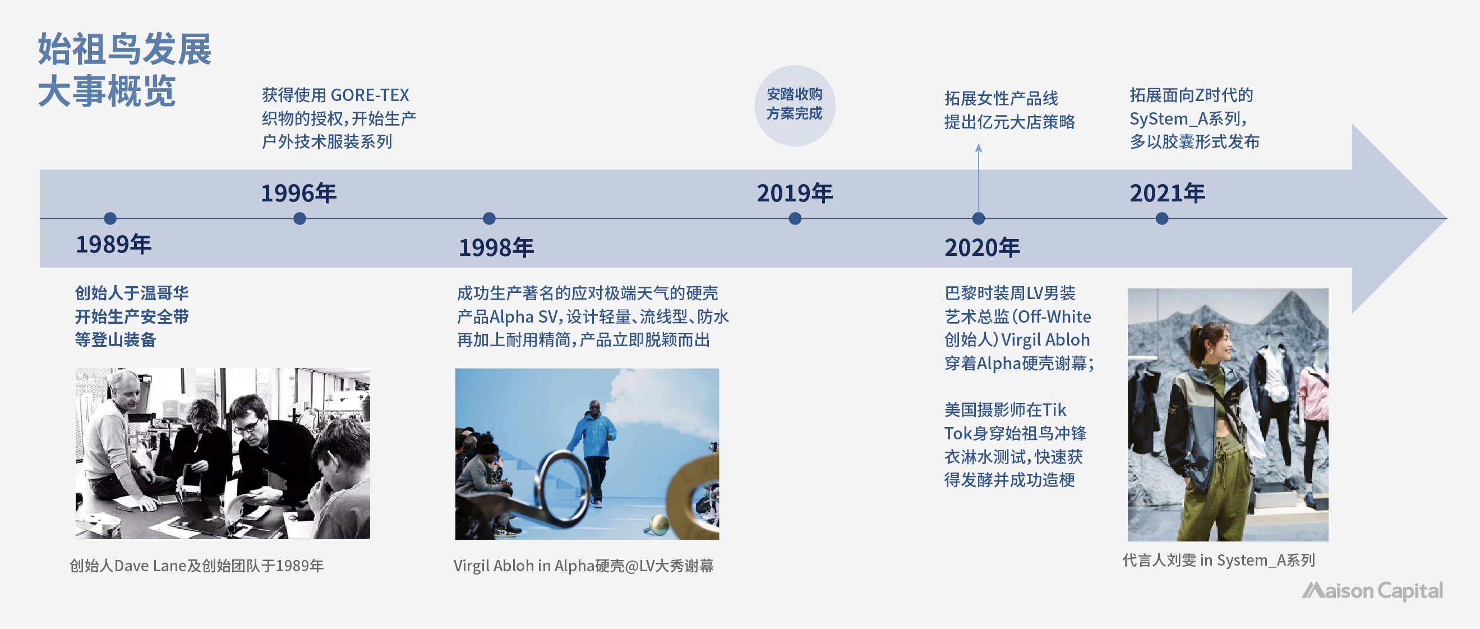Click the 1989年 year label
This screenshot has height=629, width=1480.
click(114, 244)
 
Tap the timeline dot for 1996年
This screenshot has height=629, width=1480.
click(299, 218)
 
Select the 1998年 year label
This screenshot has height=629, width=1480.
click(496, 248)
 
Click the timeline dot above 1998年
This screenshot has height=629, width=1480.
click(489, 218)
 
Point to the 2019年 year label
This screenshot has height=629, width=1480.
click(795, 193)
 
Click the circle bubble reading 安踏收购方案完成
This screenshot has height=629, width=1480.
click(795, 105)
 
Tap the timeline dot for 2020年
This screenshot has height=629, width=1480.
click(979, 218)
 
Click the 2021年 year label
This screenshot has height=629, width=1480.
click(1168, 193)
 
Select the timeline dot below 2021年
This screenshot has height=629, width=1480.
click(1161, 218)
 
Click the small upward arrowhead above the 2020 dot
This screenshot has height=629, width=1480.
click(979, 148)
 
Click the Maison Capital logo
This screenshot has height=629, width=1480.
click(1372, 591)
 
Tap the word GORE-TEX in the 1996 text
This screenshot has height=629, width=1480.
click(370, 95)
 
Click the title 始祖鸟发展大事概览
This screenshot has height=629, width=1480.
click(125, 70)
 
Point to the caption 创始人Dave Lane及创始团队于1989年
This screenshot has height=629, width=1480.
click(196, 566)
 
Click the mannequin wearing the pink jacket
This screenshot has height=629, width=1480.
click(1314, 402)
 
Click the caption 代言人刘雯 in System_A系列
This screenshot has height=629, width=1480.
click(1219, 560)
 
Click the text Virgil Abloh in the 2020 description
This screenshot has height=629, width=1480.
click(1046, 340)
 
